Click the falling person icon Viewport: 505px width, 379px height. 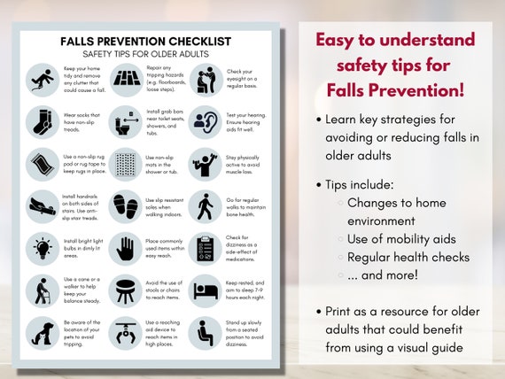click(41, 79)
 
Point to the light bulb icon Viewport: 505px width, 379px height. click(41, 247)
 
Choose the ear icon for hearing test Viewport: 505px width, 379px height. click(205, 120)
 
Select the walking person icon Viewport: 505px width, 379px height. click(205, 205)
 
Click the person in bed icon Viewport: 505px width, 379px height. click(205, 290)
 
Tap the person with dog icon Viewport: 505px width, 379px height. click(41, 332)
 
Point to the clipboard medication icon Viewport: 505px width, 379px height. click(205, 247)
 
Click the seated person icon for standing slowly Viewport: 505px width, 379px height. click(205, 332)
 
